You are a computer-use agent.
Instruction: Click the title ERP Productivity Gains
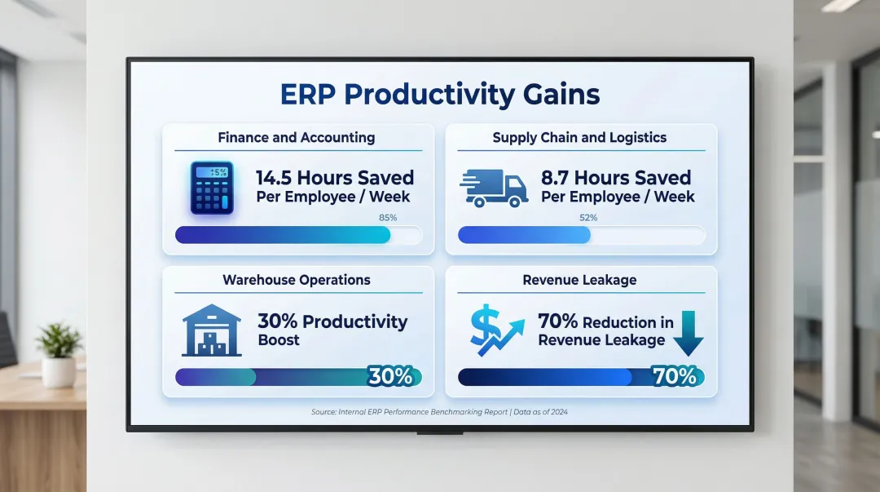(440, 95)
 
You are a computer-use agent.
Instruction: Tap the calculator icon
(212, 188)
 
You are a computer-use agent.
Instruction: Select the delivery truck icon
(494, 188)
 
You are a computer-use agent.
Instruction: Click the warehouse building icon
(212, 330)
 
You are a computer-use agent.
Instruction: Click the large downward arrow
(688, 334)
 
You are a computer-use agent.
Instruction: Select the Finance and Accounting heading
(297, 138)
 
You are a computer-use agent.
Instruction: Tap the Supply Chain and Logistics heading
(580, 138)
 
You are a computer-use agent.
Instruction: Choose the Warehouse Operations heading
(297, 280)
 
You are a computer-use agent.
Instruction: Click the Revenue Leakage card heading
(580, 280)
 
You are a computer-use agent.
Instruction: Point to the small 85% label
(388, 218)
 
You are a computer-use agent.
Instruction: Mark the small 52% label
(588, 218)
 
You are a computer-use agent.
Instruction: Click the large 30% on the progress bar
(390, 376)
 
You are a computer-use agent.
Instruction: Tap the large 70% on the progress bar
(675, 376)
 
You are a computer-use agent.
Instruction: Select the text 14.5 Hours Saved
(335, 178)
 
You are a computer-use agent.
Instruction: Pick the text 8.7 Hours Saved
(616, 178)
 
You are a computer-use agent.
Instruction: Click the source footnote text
(439, 412)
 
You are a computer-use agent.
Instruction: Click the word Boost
(279, 340)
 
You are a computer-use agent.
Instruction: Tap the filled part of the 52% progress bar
(524, 235)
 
